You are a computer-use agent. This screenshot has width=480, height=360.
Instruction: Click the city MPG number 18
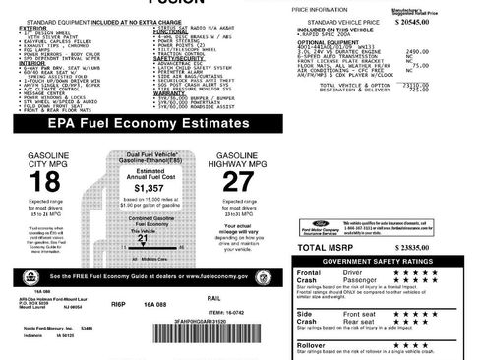(x=45, y=182)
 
